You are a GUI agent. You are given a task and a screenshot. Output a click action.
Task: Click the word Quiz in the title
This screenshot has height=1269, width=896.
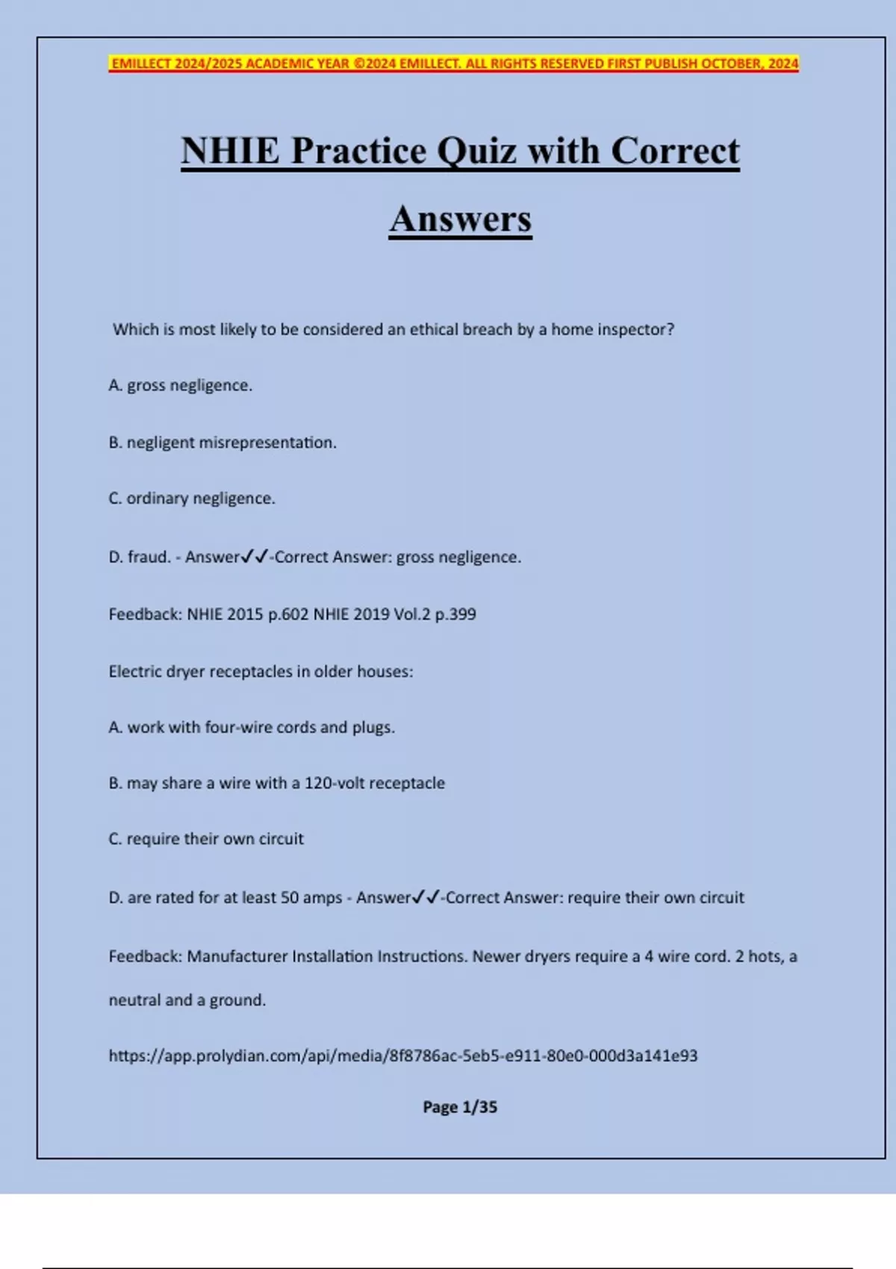[476, 152]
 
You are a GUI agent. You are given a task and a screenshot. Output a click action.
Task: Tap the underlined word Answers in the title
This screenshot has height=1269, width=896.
[460, 219]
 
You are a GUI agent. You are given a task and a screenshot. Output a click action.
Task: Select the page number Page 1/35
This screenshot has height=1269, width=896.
[460, 1107]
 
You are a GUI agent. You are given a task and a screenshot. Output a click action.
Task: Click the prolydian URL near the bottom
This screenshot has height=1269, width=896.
[403, 1056]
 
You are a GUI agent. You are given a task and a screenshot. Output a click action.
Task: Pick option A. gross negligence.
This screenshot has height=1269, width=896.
[181, 385]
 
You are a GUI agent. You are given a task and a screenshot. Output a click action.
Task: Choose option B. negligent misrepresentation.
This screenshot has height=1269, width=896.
[223, 443]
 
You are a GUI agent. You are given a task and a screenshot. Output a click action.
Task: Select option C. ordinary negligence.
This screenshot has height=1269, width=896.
[192, 498]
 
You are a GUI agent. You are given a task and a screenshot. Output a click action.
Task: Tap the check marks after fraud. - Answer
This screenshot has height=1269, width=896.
[255, 556]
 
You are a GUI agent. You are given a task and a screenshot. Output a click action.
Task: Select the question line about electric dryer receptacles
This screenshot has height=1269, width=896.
[261, 671]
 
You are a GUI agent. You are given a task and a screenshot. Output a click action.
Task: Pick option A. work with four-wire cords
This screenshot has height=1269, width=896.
[252, 727]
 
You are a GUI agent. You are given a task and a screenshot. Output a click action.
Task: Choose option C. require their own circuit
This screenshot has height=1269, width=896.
[206, 838]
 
